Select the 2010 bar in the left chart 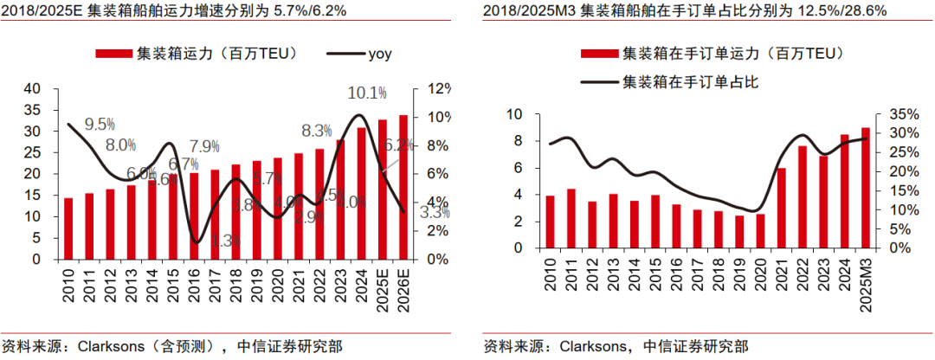pos(68,228)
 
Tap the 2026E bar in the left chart pos(403,187)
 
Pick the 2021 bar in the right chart pos(782,208)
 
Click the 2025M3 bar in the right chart pos(866,188)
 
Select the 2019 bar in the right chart pos(739,232)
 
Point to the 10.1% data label pos(366,93)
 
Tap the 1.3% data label pos(225,241)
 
